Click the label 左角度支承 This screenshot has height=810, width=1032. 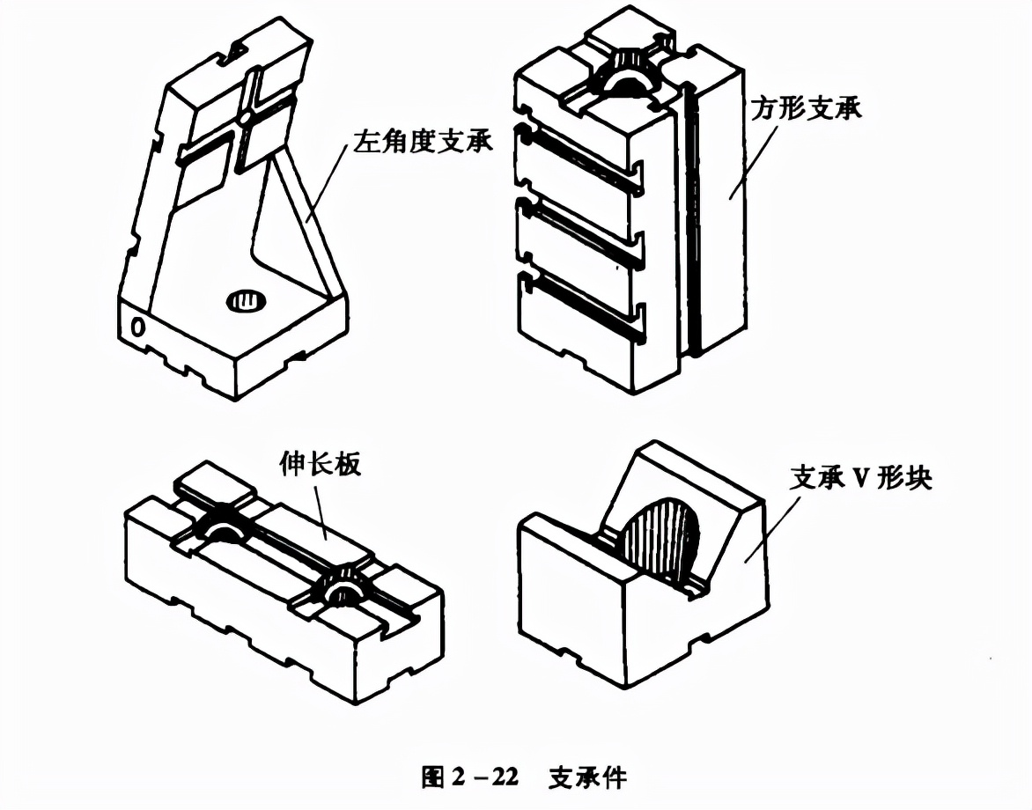pyautogui.click(x=424, y=142)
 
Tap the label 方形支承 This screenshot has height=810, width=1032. pyautogui.click(x=807, y=108)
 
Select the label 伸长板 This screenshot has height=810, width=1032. pyautogui.click(x=321, y=464)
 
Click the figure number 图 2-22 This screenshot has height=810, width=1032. pyautogui.click(x=470, y=777)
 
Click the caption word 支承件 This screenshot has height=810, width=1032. pyautogui.click(x=587, y=777)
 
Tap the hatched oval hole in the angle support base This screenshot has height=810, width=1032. pyautogui.click(x=247, y=301)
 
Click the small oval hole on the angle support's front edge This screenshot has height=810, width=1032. pyautogui.click(x=137, y=327)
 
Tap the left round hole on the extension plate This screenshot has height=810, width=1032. pyautogui.click(x=223, y=525)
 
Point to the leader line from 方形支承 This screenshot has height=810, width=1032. pyautogui.click(x=753, y=160)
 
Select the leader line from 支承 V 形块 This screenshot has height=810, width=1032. pyautogui.click(x=772, y=530)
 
